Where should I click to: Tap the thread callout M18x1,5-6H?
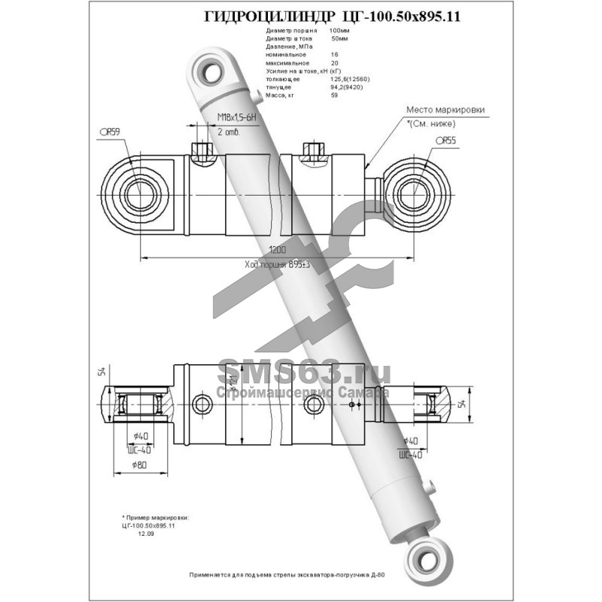click(x=237, y=117)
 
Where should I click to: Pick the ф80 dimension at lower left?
click(x=138, y=466)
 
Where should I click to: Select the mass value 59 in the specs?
click(x=334, y=95)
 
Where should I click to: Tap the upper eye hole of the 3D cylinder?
click(x=211, y=71)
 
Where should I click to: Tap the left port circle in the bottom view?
click(x=202, y=404)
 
